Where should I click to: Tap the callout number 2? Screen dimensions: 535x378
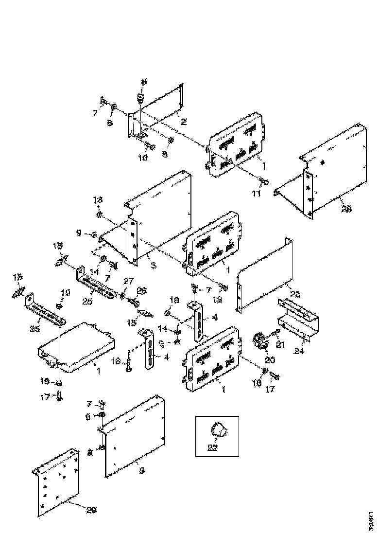184,121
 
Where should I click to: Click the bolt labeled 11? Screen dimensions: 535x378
264,182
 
